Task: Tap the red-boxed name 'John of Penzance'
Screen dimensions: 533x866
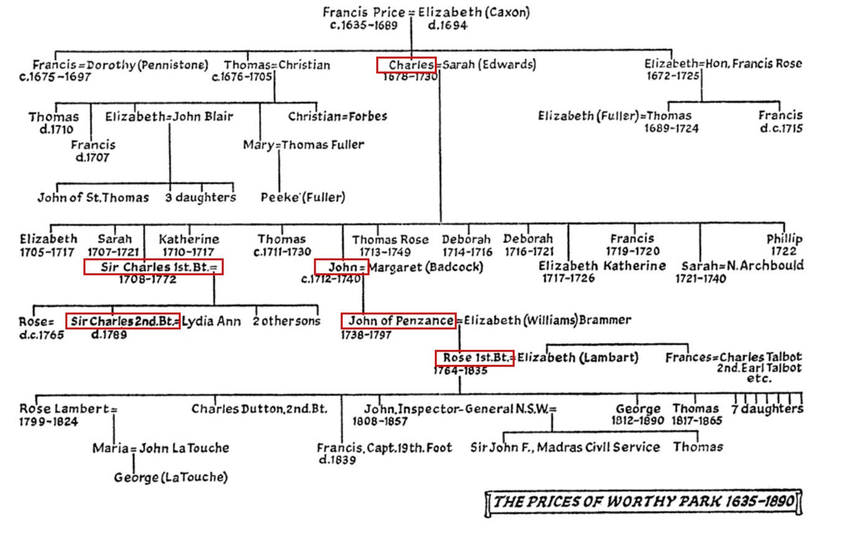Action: pos(399,321)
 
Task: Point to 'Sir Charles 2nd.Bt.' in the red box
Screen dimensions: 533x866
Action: pos(123,321)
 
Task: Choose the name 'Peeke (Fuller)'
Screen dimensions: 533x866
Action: pos(303,197)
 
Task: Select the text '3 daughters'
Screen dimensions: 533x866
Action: pos(201,197)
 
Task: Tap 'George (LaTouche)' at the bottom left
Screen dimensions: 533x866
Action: pos(171,478)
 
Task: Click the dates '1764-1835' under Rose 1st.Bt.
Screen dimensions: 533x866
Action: pos(461,371)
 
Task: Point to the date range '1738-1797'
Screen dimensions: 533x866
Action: pos(366,335)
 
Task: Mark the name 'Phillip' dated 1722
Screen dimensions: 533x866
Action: pos(784,239)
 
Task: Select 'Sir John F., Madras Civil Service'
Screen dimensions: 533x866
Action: pos(565,447)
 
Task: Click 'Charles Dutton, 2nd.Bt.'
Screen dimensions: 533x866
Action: pos(259,409)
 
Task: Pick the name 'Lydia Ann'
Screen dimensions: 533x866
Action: pos(211,321)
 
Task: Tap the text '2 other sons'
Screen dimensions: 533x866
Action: pos(287,321)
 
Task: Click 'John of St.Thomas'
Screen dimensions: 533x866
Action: pos(93,197)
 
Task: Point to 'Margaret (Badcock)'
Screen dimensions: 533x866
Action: pos(426,267)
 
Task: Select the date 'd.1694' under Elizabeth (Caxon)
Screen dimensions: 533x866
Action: pos(447,26)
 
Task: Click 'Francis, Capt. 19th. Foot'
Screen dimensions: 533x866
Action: pos(384,448)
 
